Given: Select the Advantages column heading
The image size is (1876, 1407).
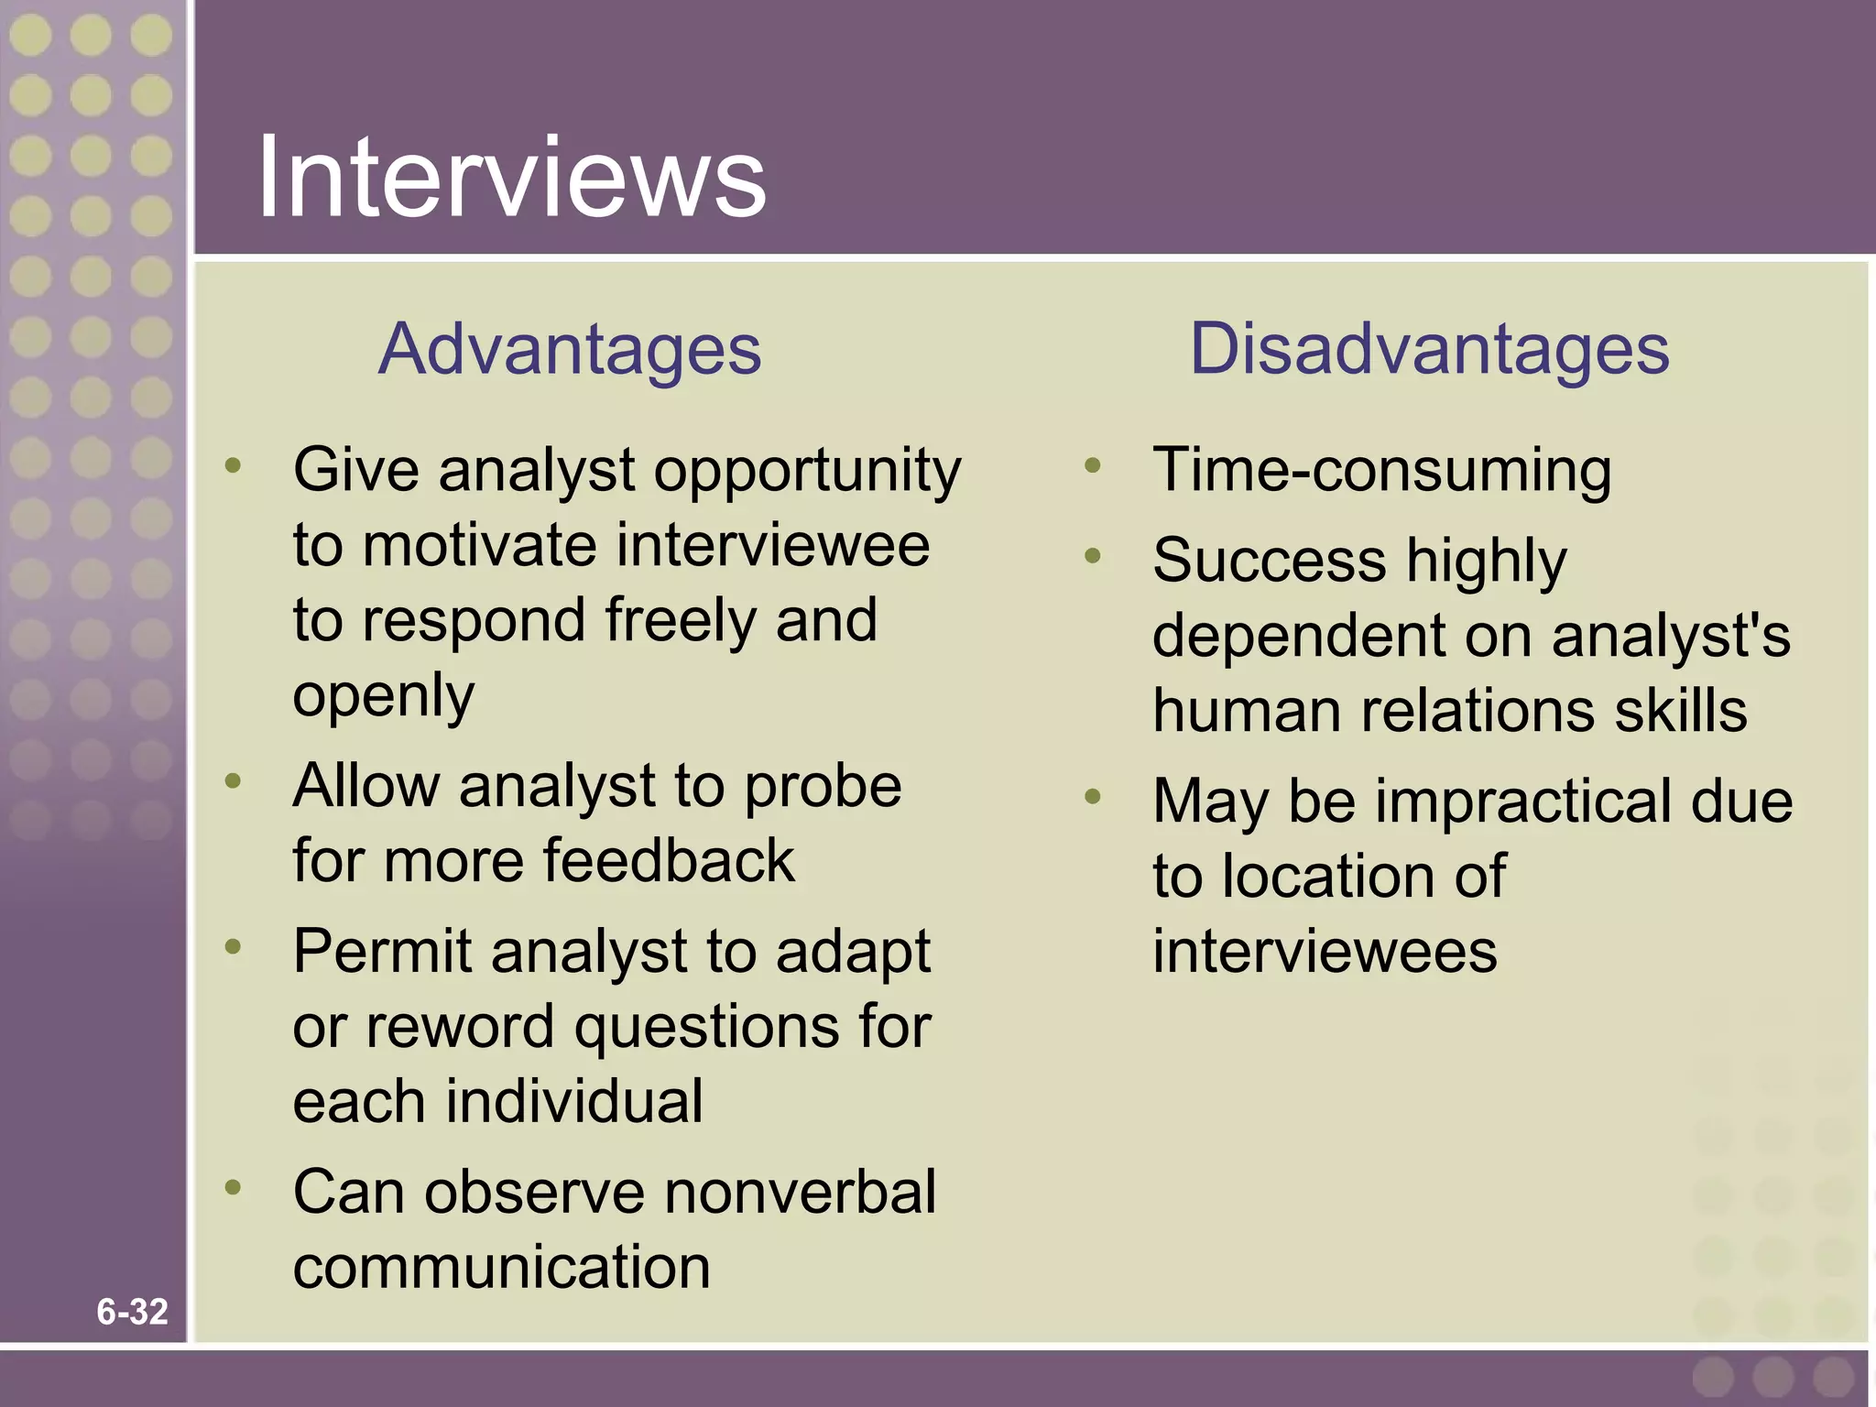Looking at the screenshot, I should coord(569,350).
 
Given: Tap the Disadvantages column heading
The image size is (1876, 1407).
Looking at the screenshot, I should coord(1429,350).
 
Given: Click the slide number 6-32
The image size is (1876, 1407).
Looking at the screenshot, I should coord(132,1312).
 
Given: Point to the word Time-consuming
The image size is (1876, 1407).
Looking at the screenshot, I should coord(1381,471).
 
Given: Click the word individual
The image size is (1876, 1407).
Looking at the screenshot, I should coord(574,1101).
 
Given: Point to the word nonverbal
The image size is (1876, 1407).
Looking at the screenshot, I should coord(800,1193).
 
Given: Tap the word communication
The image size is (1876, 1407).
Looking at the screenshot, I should coord(501,1268).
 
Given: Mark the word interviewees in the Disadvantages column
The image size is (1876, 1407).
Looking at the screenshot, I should coord(1325,951).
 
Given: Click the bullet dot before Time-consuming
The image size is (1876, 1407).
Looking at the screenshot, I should coord(1092,466).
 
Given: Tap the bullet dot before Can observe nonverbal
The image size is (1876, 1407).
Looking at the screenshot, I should coord(234,1188).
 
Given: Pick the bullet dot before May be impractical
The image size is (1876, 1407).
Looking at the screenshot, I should coord(1092,796).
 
